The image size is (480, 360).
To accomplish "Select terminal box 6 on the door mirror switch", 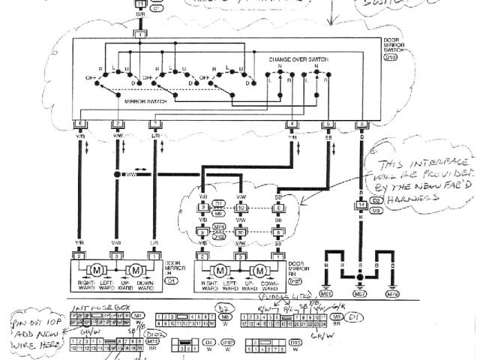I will pos(79,123).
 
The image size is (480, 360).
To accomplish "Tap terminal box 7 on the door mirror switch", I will pos(154,123).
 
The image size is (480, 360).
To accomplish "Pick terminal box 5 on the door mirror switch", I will pos(327,123).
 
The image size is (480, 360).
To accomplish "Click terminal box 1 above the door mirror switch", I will pos(140,34).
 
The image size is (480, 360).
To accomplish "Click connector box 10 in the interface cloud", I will pos(241,207).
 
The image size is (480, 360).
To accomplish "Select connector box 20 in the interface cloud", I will pos(241,233).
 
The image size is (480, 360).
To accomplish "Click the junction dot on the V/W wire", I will pos(117,175).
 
